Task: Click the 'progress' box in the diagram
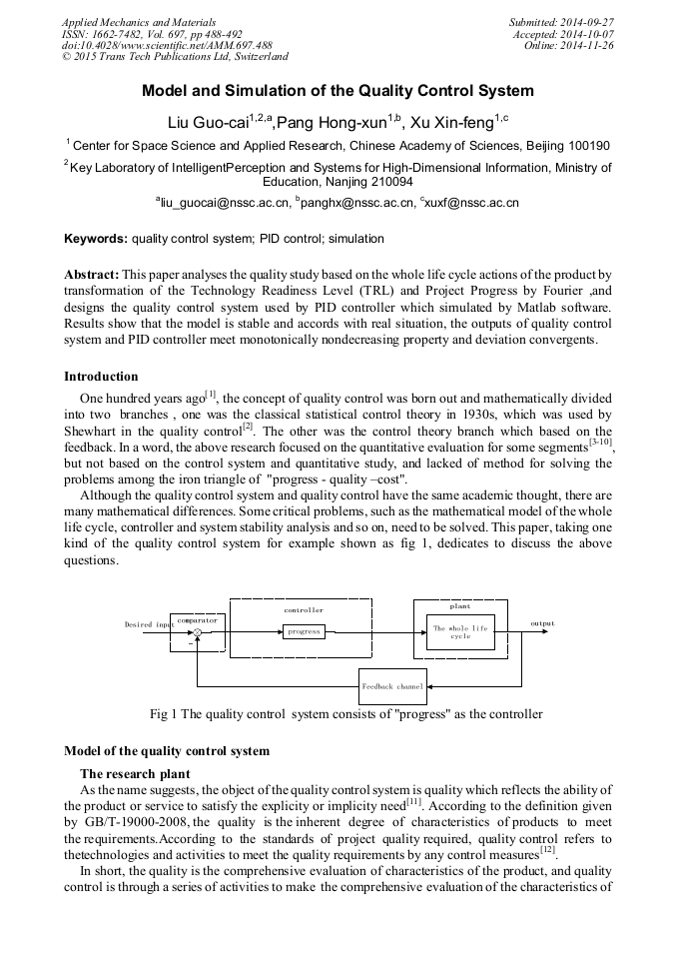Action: coord(304,631)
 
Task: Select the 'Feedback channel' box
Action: coord(392,687)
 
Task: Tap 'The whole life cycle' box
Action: coord(460,631)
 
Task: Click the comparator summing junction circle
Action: coord(198,632)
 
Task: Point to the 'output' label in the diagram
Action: coord(542,623)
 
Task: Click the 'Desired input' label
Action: coord(146,624)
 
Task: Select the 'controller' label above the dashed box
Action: coord(304,609)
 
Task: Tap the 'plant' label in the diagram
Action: coord(460,605)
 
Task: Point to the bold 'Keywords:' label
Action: coord(96,240)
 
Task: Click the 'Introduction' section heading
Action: coord(101,377)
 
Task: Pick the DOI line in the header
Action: coord(167,45)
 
